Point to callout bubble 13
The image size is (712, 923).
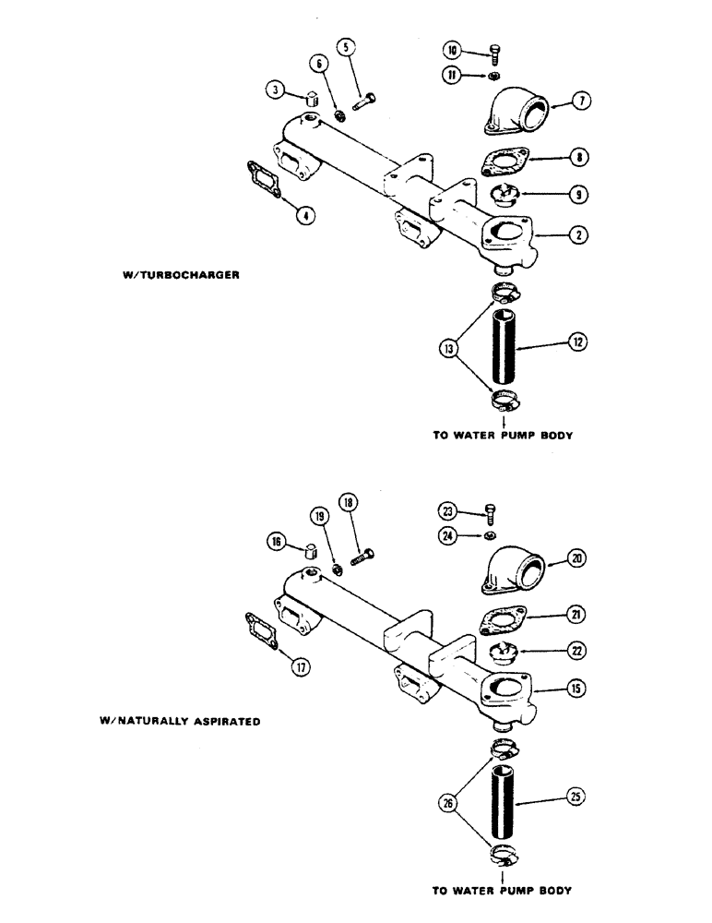point(450,350)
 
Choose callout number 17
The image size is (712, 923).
point(299,666)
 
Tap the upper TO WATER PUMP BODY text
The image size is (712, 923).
point(503,436)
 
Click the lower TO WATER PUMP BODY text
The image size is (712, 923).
point(503,891)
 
